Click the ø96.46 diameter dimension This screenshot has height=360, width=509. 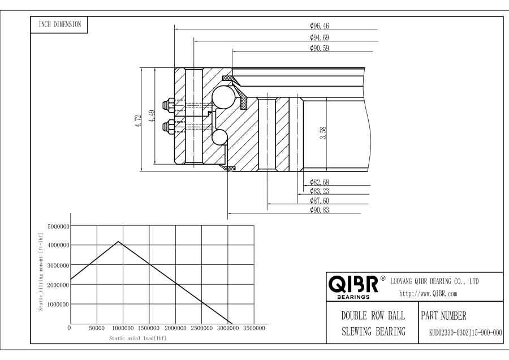pos(320,25)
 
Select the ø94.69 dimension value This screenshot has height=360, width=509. pos(320,37)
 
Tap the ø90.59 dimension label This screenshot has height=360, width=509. pos(320,48)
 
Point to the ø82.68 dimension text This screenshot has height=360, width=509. pos(320,182)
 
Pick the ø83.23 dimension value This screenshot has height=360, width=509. pos(320,191)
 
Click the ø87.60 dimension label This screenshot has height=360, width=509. pos(320,200)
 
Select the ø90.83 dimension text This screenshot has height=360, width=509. pos(320,209)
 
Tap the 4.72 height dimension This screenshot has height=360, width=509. pos(139,121)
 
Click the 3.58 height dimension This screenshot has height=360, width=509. pos(323,133)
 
